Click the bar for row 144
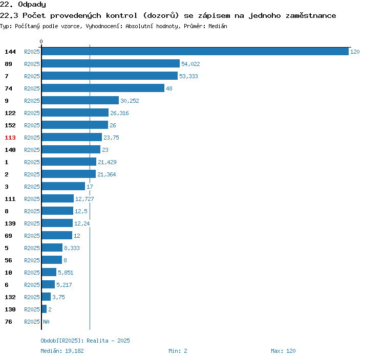(195, 51)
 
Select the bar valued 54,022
(111, 63)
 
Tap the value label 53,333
(188, 76)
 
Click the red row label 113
(10, 138)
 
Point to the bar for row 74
(103, 88)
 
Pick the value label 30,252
(130, 101)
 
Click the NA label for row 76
(46, 322)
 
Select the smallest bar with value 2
(44, 309)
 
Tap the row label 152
(10, 125)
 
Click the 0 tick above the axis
(41, 41)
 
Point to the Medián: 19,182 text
(62, 351)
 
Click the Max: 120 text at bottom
(283, 351)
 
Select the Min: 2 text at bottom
(178, 351)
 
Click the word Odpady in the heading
(32, 5)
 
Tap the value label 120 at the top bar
(355, 52)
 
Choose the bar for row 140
(71, 149)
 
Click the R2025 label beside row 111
(32, 199)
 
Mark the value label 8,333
(72, 248)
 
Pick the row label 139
(10, 223)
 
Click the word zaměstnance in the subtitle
(311, 16)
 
